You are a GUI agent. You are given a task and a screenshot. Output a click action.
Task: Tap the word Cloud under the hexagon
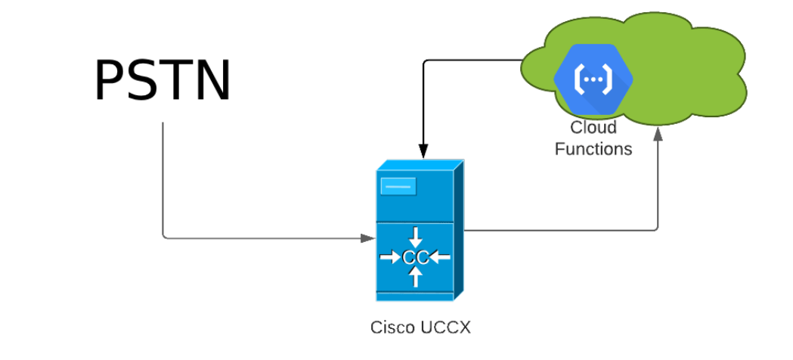(593, 127)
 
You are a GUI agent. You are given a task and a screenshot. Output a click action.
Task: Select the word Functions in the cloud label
(593, 149)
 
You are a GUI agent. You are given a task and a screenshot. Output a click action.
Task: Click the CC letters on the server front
(415, 258)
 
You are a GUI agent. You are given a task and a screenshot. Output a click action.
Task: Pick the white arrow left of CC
(390, 258)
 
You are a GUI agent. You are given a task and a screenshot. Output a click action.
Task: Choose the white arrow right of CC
(440, 258)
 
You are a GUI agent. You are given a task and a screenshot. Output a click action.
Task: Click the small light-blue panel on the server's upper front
(398, 185)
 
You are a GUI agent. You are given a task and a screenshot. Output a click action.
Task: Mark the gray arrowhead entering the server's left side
(368, 238)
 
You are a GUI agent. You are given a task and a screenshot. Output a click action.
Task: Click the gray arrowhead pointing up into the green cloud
(658, 134)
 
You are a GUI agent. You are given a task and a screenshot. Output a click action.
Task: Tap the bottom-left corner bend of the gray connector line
(164, 237)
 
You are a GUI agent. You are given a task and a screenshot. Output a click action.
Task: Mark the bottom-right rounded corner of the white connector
(656, 228)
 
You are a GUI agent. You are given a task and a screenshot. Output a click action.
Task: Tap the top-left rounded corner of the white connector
(426, 62)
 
